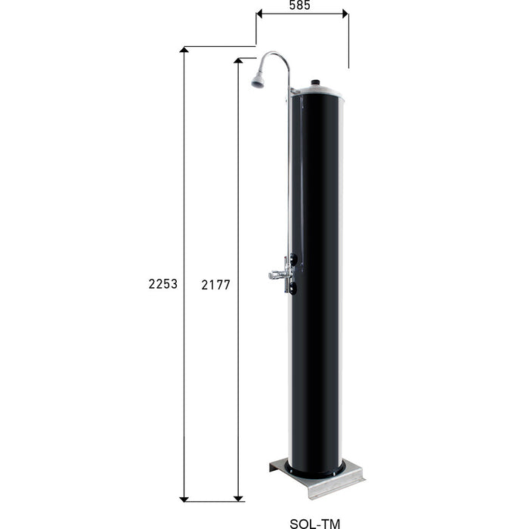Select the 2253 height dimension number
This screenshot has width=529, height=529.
pyautogui.click(x=164, y=284)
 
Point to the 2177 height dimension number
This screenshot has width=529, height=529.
pyautogui.click(x=216, y=285)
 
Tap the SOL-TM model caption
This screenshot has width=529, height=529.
pyautogui.click(x=315, y=522)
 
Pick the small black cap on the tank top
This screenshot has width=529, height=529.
pyautogui.click(x=317, y=82)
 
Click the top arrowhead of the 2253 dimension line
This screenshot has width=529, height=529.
pyautogui.click(x=184, y=51)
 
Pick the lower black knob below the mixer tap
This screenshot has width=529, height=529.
pyautogui.click(x=293, y=287)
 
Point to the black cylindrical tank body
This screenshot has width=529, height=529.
pyautogui.click(x=317, y=302)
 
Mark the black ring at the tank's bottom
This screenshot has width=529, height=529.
pyautogui.click(x=317, y=472)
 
